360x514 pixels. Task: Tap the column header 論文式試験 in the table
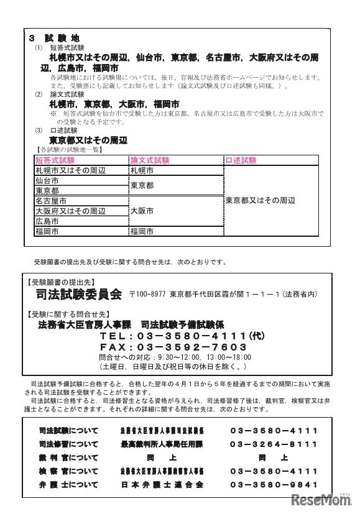(x=150, y=160)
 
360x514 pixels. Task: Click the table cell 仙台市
(x=47, y=180)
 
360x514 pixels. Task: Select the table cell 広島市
(x=47, y=221)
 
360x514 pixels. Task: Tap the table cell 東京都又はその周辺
(x=260, y=201)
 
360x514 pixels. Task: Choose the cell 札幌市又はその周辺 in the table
(x=71, y=170)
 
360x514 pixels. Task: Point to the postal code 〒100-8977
(x=149, y=295)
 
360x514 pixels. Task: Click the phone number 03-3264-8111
(x=273, y=445)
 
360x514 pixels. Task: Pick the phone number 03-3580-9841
(x=273, y=484)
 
